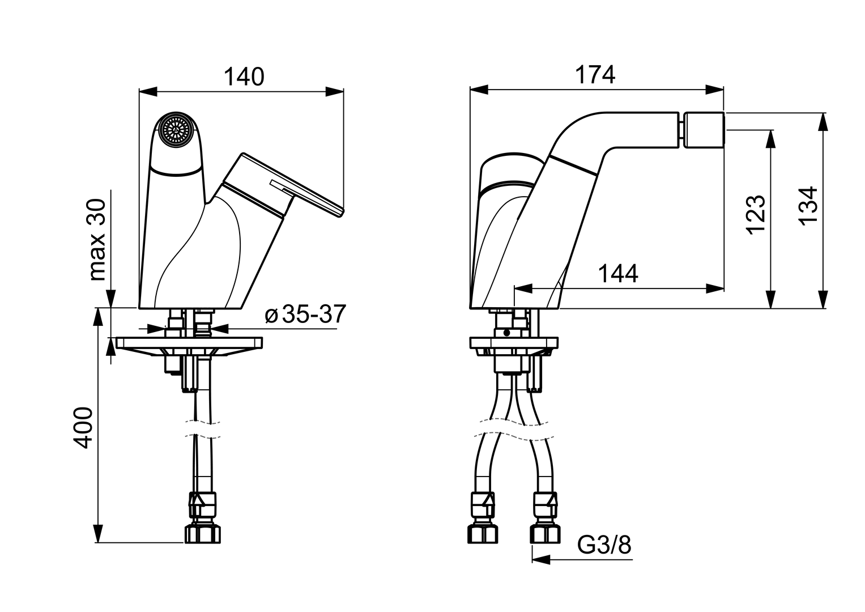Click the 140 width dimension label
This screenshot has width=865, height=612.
tap(245, 76)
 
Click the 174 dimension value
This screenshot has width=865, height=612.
tap(595, 74)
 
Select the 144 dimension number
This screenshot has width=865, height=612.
tap(618, 274)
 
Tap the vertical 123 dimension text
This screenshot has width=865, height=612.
tap(756, 214)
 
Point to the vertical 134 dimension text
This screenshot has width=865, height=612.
tap(809, 205)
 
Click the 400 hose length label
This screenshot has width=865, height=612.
tap(84, 428)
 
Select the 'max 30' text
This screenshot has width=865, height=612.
tap(97, 239)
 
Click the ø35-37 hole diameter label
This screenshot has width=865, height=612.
tap(305, 314)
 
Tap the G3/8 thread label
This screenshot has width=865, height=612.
tap(604, 545)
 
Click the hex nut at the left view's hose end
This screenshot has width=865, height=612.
tap(202, 534)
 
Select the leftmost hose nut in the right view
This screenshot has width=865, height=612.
tap(483, 533)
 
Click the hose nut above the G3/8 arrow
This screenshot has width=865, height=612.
tap(545, 533)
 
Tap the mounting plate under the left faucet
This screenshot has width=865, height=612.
tap(190, 343)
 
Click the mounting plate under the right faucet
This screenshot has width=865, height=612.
tap(514, 343)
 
